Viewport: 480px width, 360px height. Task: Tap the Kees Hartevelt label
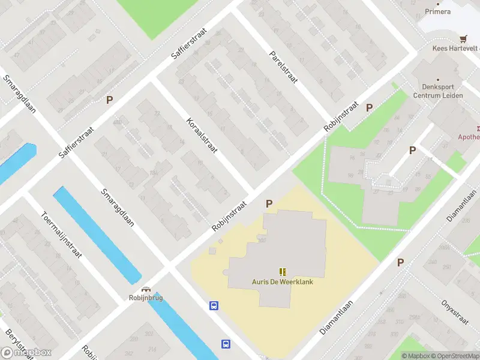click(x=456, y=49)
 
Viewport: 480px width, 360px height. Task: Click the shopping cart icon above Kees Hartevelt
click(x=463, y=38)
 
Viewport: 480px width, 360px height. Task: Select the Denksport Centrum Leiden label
click(x=445, y=90)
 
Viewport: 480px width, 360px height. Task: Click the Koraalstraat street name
click(x=202, y=134)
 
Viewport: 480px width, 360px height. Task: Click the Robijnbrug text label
click(x=146, y=298)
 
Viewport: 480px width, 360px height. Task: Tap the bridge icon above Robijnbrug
click(x=146, y=289)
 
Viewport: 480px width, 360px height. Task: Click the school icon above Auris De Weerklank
click(x=282, y=272)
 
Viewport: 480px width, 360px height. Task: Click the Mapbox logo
click(x=26, y=353)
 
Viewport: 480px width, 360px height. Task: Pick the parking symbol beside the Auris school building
click(x=269, y=203)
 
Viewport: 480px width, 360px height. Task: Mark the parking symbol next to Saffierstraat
click(x=109, y=100)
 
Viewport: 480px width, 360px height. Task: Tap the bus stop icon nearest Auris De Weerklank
click(x=213, y=305)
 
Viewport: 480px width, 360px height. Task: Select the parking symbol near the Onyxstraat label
click(x=400, y=262)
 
